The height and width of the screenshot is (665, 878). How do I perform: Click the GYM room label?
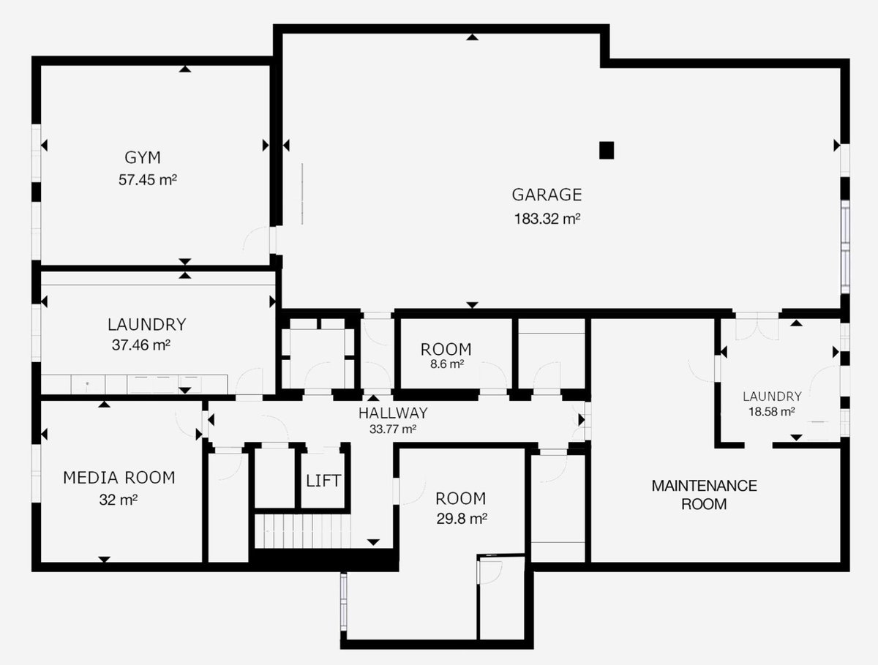coord(143,157)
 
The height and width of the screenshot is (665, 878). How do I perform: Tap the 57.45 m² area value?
coord(148,180)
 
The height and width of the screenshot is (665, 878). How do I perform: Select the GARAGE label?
coord(547,195)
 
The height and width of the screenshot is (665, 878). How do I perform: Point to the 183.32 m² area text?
coord(547,219)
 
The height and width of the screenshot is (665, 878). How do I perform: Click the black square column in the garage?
coord(607,151)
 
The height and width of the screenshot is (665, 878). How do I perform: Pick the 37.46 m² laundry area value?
coord(140,345)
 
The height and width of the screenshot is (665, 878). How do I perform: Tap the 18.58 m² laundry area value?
coord(772,411)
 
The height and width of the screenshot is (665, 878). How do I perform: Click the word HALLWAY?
coord(393,413)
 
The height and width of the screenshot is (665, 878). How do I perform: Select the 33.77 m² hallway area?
coord(393,429)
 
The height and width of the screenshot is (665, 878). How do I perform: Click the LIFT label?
coord(323,481)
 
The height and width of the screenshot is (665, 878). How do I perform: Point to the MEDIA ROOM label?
coord(119,478)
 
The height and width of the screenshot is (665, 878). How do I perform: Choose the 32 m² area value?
coord(119,500)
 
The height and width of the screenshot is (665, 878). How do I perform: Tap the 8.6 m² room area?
coord(446,364)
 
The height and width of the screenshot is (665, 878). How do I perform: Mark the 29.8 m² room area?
coord(462,519)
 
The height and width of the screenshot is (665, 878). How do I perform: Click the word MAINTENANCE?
coord(705,486)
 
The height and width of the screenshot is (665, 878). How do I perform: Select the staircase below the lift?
coord(303,531)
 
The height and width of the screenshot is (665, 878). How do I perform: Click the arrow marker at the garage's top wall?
coord(473,37)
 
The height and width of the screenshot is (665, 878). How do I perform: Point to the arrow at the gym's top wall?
coord(185,69)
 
